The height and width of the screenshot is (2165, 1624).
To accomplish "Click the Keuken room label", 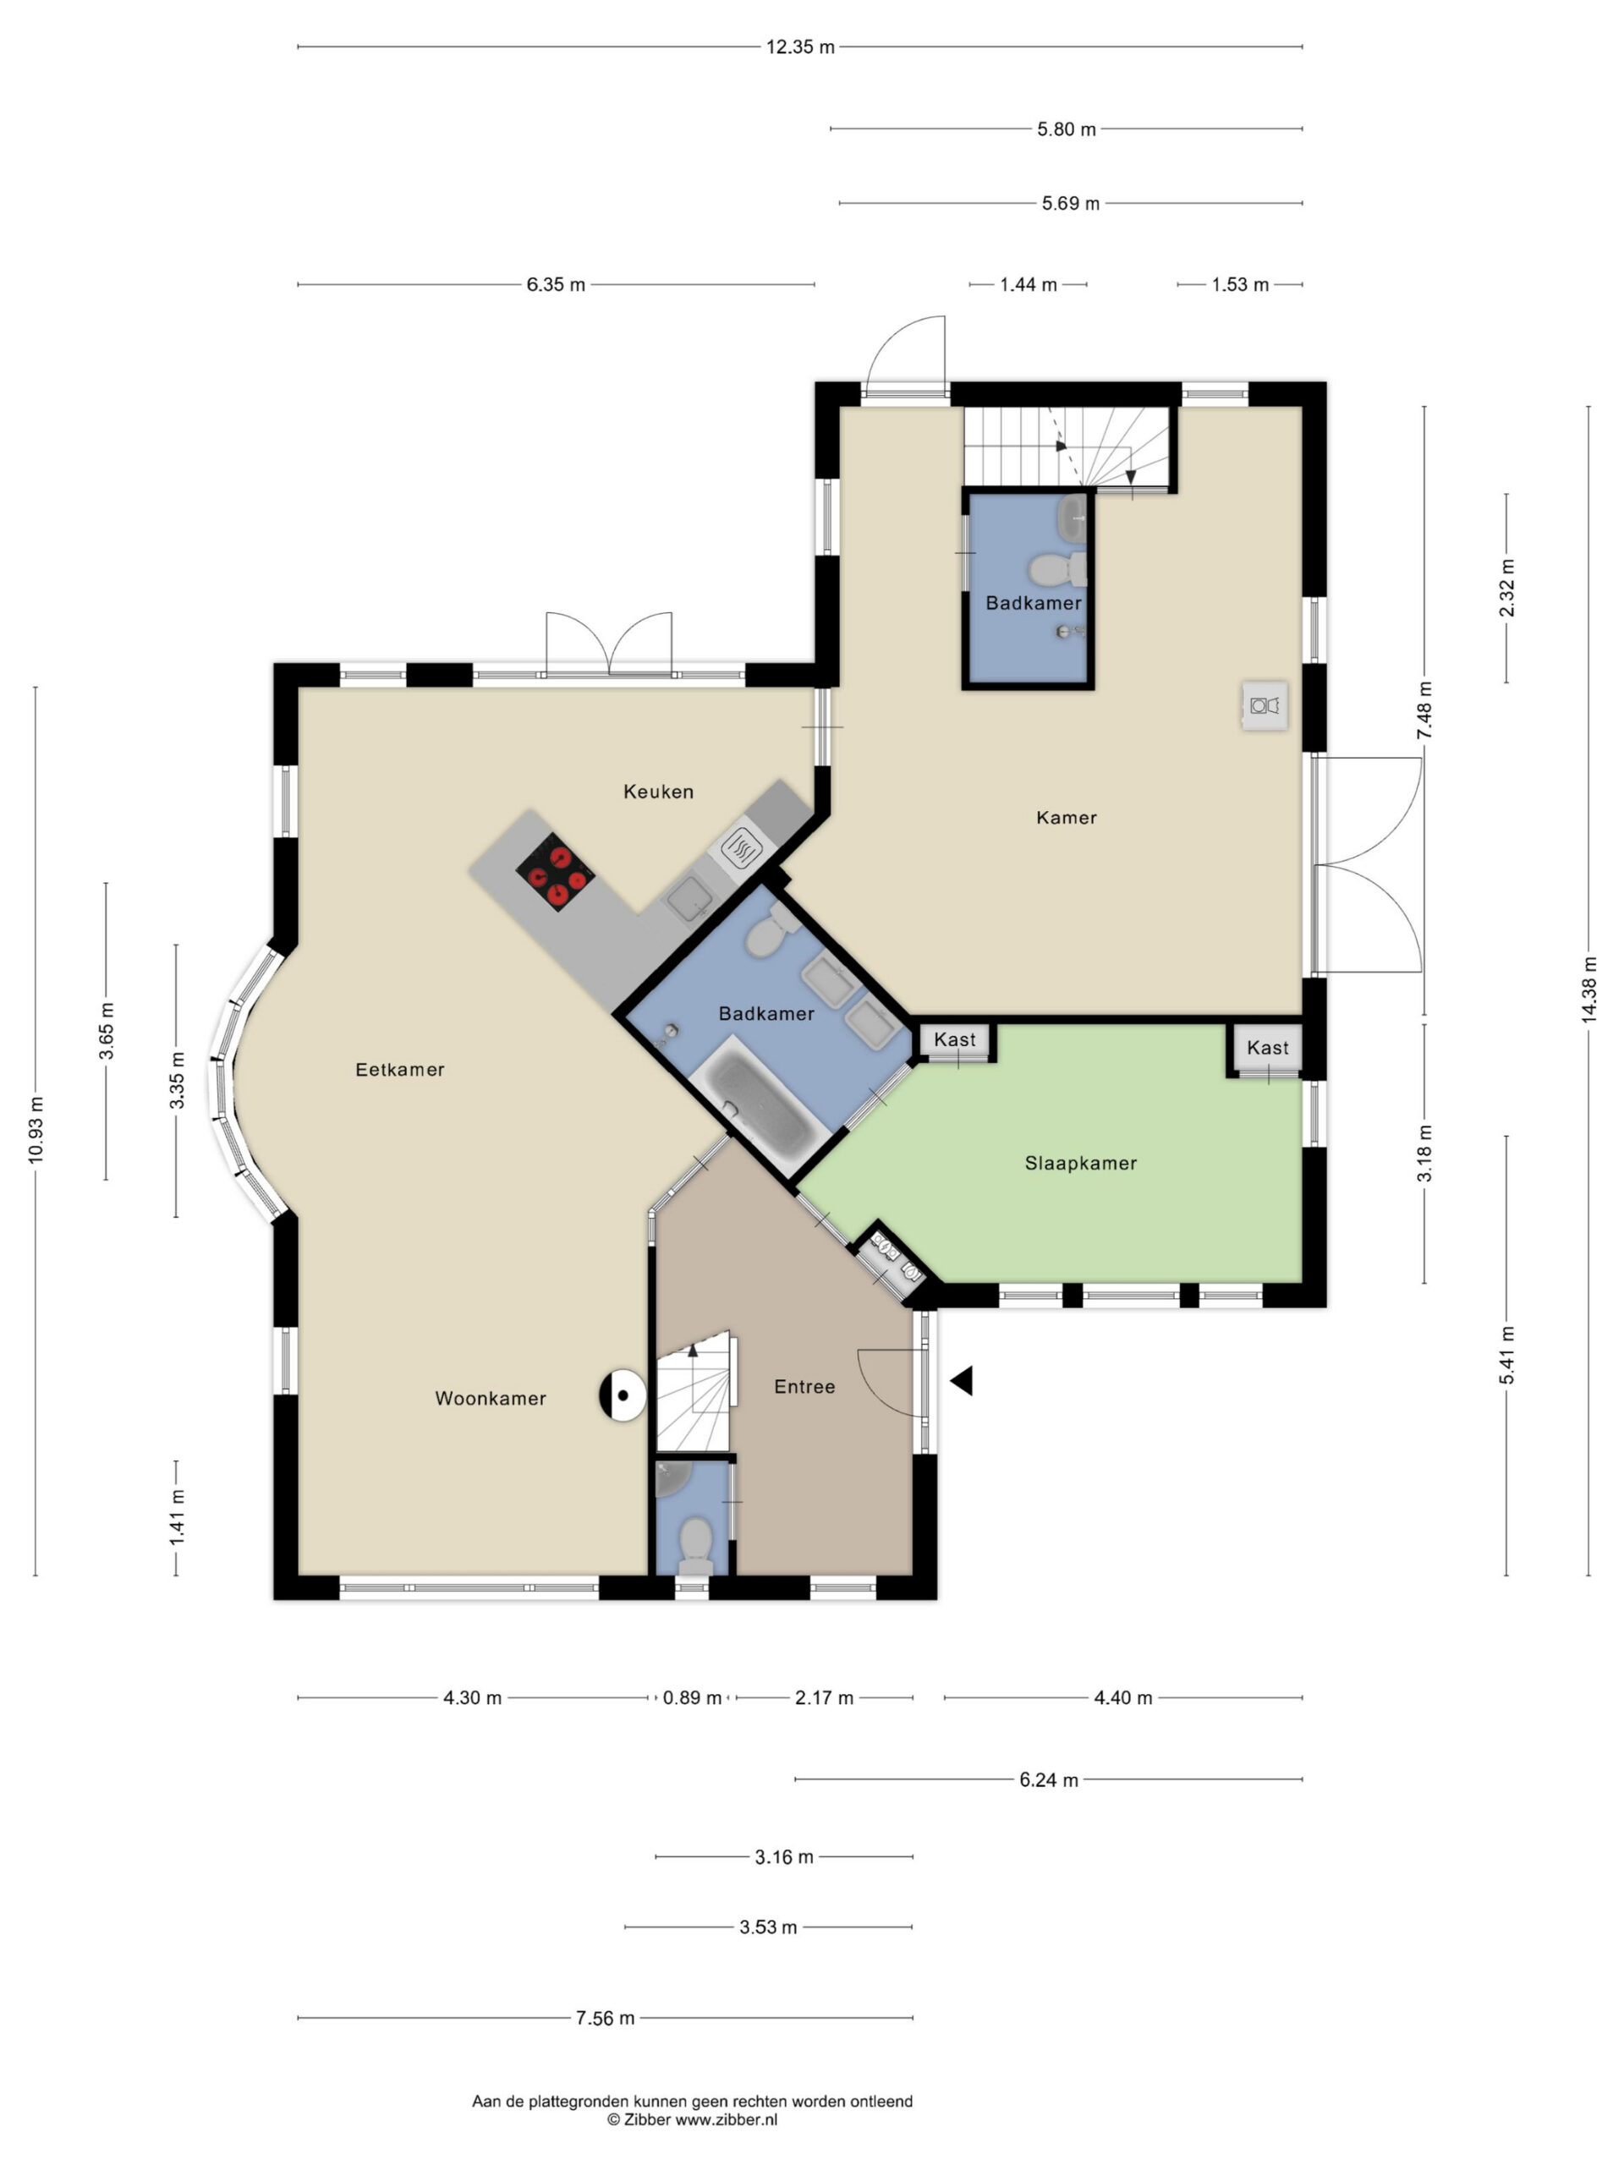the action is tap(658, 791).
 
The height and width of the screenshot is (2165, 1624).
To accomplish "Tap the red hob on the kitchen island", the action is tap(555, 871).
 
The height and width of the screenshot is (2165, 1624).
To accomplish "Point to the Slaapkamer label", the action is tap(1080, 1163).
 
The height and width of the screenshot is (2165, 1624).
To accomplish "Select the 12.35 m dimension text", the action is tap(800, 47).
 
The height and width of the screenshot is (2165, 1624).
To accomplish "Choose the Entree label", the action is tap(804, 1386).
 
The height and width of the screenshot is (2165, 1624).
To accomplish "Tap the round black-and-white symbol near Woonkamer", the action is tap(623, 1395).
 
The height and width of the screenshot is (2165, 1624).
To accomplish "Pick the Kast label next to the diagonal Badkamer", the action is tap(954, 1039).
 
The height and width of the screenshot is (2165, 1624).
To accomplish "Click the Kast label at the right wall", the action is tap(1268, 1047).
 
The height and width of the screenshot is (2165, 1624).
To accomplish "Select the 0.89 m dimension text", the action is tap(692, 1697).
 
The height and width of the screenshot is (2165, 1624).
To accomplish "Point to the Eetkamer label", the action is tap(399, 1070).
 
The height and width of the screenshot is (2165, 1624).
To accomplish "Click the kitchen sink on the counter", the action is tap(690, 897).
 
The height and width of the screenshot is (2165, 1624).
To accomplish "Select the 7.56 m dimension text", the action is tap(605, 2017).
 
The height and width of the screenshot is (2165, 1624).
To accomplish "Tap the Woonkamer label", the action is tap(491, 1399).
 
